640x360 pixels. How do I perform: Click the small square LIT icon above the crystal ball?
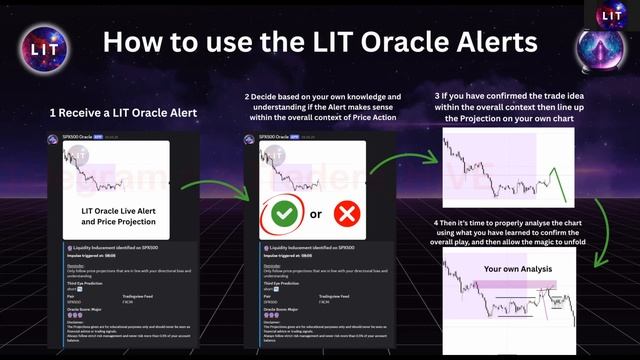(x=611, y=14)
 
